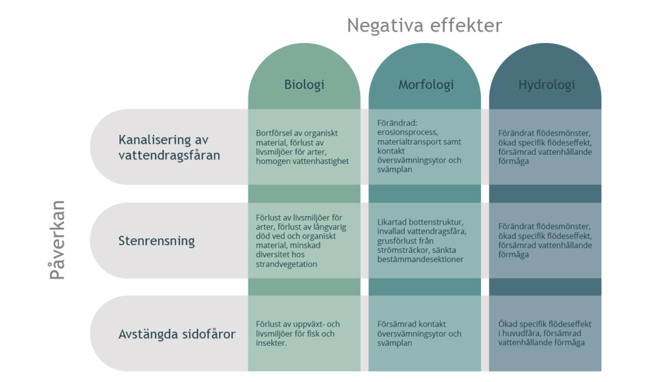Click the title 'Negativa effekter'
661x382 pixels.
(425, 25)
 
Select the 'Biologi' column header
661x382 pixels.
(305, 85)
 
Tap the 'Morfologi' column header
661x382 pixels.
(426, 85)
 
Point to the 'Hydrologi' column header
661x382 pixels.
(546, 85)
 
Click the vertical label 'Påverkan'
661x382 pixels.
(57, 240)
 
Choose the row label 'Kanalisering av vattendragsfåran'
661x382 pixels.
(169, 147)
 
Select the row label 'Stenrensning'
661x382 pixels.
(156, 241)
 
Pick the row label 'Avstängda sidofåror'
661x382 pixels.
(177, 334)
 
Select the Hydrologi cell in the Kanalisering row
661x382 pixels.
(545, 146)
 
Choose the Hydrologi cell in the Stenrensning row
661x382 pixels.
(545, 240)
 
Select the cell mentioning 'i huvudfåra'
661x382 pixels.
(544, 333)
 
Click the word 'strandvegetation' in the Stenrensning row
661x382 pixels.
(286, 265)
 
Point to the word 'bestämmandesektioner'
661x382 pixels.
(420, 259)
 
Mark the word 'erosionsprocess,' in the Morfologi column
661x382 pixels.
(408, 132)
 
